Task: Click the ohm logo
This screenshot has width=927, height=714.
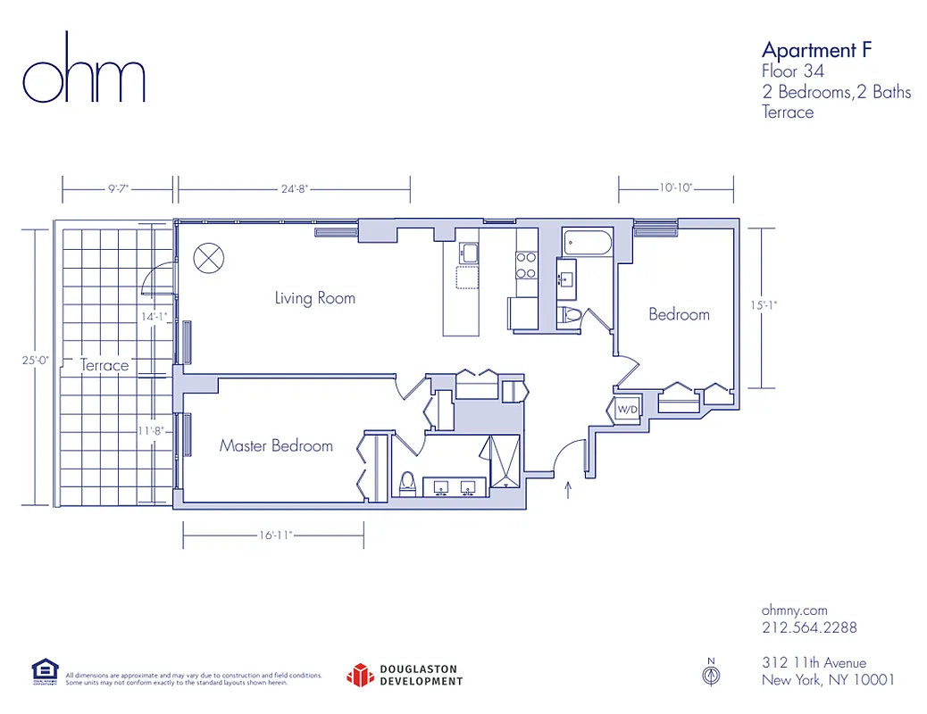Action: [x=83, y=69]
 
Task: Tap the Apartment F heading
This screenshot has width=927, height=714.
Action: [x=815, y=49]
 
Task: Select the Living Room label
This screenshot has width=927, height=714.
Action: [x=314, y=298]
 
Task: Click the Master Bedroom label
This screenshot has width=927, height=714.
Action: [x=276, y=445]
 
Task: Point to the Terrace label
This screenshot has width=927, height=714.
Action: [x=104, y=365]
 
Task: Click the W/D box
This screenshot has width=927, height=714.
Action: [x=627, y=409]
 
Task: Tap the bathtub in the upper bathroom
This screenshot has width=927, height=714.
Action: [x=588, y=242]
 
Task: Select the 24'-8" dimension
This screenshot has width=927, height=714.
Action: [x=294, y=189]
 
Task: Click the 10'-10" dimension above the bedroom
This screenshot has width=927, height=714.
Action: [x=676, y=188]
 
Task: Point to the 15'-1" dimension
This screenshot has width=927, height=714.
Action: [x=764, y=304]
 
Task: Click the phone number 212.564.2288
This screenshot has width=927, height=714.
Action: [x=809, y=627]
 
